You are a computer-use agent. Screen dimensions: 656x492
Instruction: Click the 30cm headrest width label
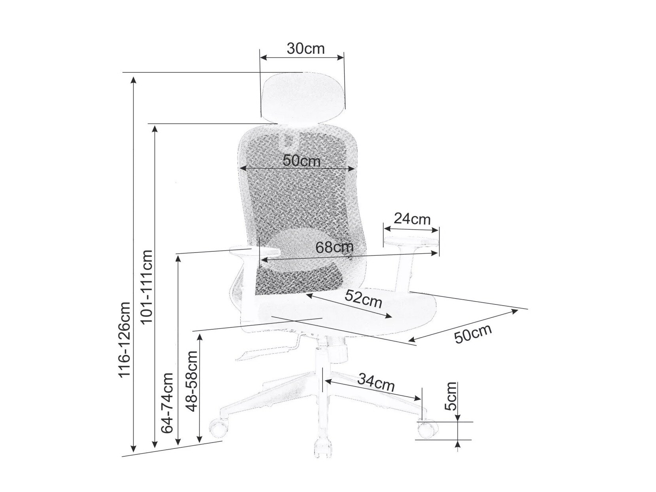(x=305, y=49)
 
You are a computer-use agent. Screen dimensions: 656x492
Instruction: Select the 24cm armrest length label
(x=412, y=219)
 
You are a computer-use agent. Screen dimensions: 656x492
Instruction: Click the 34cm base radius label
(x=376, y=383)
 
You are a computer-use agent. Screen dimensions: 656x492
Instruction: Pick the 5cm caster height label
(x=451, y=396)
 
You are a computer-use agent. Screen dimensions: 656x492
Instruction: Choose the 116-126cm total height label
(x=124, y=339)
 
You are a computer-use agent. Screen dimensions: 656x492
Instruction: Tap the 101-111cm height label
(x=147, y=287)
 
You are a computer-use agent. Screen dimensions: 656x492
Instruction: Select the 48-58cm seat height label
(x=191, y=381)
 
